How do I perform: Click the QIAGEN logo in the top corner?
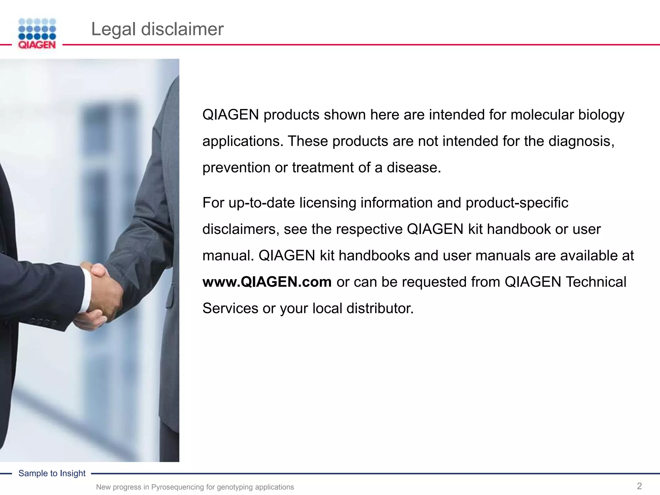pyautogui.click(x=37, y=34)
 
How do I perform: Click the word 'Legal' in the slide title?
pyautogui.click(x=113, y=29)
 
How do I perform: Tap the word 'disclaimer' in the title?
pyautogui.click(x=182, y=29)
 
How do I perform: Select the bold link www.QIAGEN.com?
pyautogui.click(x=267, y=282)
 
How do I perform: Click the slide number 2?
pyautogui.click(x=639, y=486)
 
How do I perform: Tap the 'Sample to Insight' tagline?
pyautogui.click(x=52, y=473)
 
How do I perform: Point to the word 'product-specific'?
pyautogui.click(x=517, y=203)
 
